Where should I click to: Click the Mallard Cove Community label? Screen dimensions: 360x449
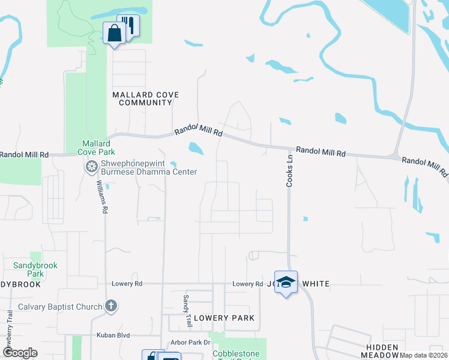pos(146,99)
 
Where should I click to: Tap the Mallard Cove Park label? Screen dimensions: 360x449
pos(96,148)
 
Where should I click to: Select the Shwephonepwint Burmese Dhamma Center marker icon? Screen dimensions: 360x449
pos(92,166)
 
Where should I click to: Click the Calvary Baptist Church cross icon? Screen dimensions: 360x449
pos(110,307)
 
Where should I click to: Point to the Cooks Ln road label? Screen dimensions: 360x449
pos(289,172)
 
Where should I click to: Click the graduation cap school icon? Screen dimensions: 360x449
pos(286,282)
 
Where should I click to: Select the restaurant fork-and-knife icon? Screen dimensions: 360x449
pos(128,26)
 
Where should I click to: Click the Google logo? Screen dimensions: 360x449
pos(20,353)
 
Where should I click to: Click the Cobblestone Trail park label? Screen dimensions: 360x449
pos(239,354)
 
